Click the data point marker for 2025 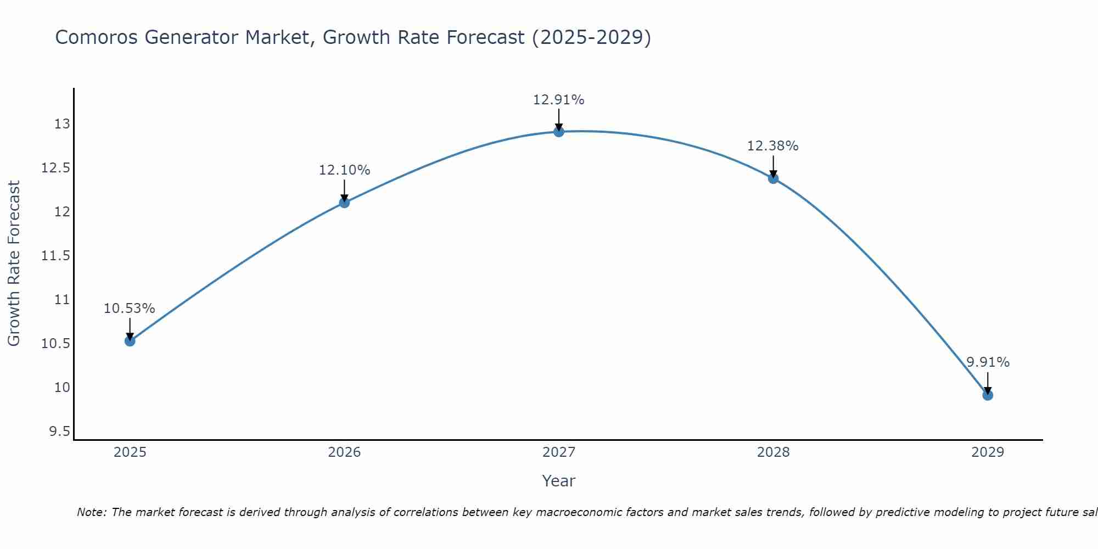coord(130,341)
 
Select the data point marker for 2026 coord(344,203)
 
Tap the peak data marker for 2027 coord(559,132)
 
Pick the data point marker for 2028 coord(773,178)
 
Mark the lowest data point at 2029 coord(988,395)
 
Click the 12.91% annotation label coord(559,100)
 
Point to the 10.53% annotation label coord(130,309)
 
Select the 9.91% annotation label coord(988,362)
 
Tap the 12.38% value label coord(773,146)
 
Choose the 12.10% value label coord(344,170)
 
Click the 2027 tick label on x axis coord(559,452)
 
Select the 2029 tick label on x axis coord(988,452)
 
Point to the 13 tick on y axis coord(62,124)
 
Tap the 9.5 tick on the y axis coord(59,432)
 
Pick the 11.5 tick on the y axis coord(56,256)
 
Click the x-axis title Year coord(559,481)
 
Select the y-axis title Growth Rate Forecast coord(14,264)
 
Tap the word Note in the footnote coord(91,512)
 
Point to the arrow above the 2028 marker coord(773,166)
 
